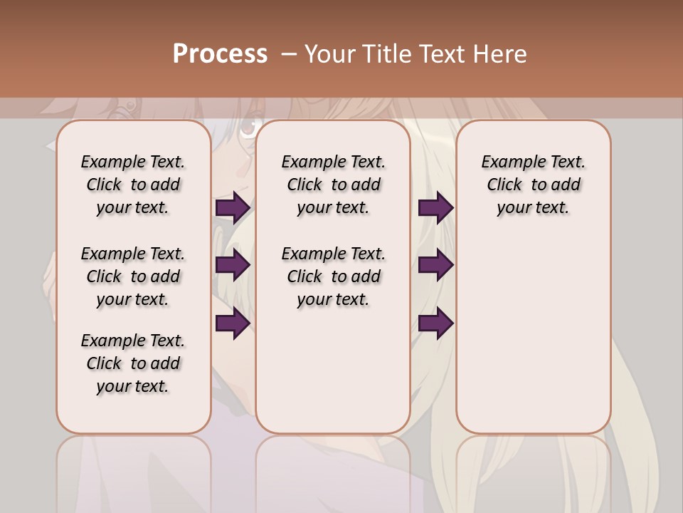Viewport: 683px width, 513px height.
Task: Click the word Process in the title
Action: pyautogui.click(x=220, y=54)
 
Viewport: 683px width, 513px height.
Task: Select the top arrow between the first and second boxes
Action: pyautogui.click(x=233, y=208)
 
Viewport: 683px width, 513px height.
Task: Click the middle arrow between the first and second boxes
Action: pyautogui.click(x=233, y=265)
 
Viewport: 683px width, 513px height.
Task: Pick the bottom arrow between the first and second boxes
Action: pyautogui.click(x=233, y=323)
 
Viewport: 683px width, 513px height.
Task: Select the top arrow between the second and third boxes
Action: pyautogui.click(x=435, y=208)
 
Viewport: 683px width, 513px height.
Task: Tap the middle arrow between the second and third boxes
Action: pyautogui.click(x=435, y=265)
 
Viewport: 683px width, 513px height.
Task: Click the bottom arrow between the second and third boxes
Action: pyautogui.click(x=435, y=323)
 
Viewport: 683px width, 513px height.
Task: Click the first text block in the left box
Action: pyautogui.click(x=133, y=185)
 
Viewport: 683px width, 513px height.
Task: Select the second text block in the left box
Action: pyautogui.click(x=133, y=276)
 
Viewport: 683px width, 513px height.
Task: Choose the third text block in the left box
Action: pyautogui.click(x=133, y=363)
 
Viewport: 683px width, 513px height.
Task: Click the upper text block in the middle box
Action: pyautogui.click(x=333, y=185)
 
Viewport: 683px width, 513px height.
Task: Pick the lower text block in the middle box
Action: pyautogui.click(x=333, y=276)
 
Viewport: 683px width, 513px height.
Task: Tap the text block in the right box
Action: pyautogui.click(x=533, y=185)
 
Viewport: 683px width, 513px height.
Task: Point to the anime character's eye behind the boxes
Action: pyautogui.click(x=248, y=129)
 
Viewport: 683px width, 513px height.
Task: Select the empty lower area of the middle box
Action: pyautogui.click(x=333, y=370)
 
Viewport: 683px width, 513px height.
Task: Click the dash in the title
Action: pyautogui.click(x=288, y=54)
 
